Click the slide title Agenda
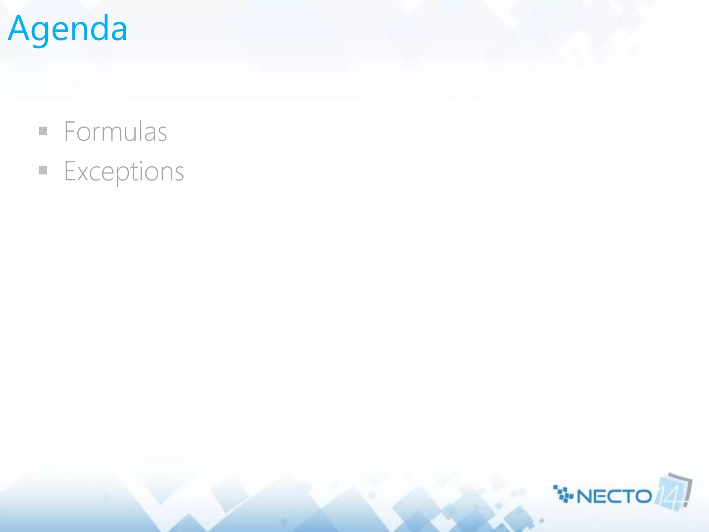point(68,29)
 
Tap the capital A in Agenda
point(20,28)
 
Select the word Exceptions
point(124,172)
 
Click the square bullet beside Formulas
point(43,131)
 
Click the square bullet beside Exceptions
point(43,170)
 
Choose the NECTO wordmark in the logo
point(614,497)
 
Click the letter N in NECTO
point(585,497)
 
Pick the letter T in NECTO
point(628,497)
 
